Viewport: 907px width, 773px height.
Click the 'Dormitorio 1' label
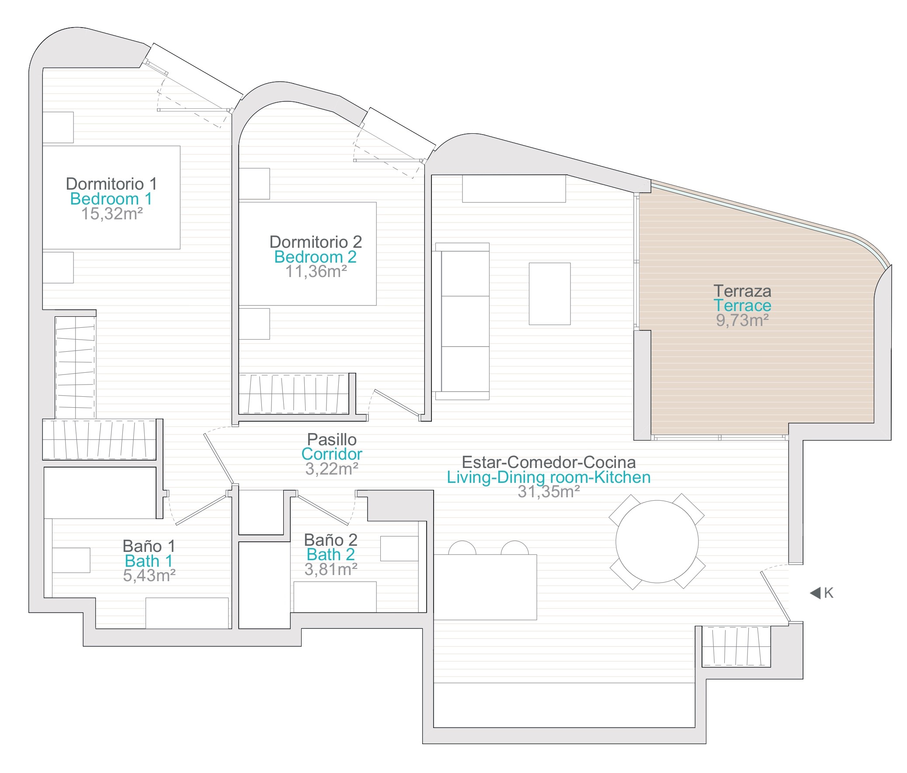pos(111,184)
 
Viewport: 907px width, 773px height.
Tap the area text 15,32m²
pos(112,214)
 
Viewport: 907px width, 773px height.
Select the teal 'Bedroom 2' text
pos(315,257)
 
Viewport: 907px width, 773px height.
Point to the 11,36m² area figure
pos(316,271)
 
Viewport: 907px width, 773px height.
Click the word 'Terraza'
pos(742,291)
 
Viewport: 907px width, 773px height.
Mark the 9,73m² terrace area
pos(742,320)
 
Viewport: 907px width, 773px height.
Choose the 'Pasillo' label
pos(332,440)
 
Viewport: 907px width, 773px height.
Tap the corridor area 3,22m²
pos(332,469)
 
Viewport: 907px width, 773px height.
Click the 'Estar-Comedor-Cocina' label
pos(549,462)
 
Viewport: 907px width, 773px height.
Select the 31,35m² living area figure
pos(549,492)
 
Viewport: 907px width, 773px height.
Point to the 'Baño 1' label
pos(149,546)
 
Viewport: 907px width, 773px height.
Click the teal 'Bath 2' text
pos(330,555)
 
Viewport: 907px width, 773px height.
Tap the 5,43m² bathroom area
pos(149,575)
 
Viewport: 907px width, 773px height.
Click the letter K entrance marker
pos(829,593)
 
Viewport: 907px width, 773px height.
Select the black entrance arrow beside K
pos(815,593)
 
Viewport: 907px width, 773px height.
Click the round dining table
pos(657,541)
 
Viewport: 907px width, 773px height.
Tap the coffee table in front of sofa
pos(549,294)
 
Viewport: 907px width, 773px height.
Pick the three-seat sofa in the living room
pos(461,321)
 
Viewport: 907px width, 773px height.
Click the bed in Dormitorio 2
pos(307,253)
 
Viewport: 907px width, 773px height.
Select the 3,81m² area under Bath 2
pos(331,569)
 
